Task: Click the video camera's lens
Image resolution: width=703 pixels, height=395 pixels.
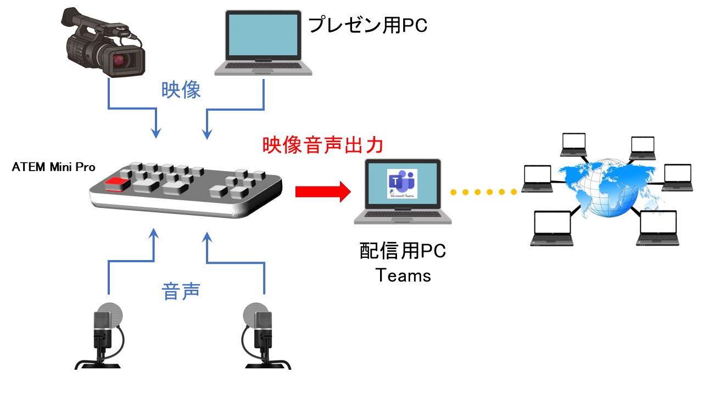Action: click(x=122, y=62)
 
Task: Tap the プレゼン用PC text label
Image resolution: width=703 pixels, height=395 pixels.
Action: click(x=367, y=25)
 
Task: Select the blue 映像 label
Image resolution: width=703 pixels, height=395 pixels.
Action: click(x=181, y=90)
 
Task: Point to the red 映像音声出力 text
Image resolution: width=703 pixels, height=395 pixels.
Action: click(x=322, y=145)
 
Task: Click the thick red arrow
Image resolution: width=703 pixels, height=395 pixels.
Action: click(x=322, y=191)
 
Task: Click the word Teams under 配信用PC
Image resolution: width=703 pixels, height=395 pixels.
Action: click(x=403, y=275)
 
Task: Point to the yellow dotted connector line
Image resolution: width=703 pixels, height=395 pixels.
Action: click(x=483, y=192)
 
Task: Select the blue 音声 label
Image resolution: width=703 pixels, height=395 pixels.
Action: click(x=181, y=290)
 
